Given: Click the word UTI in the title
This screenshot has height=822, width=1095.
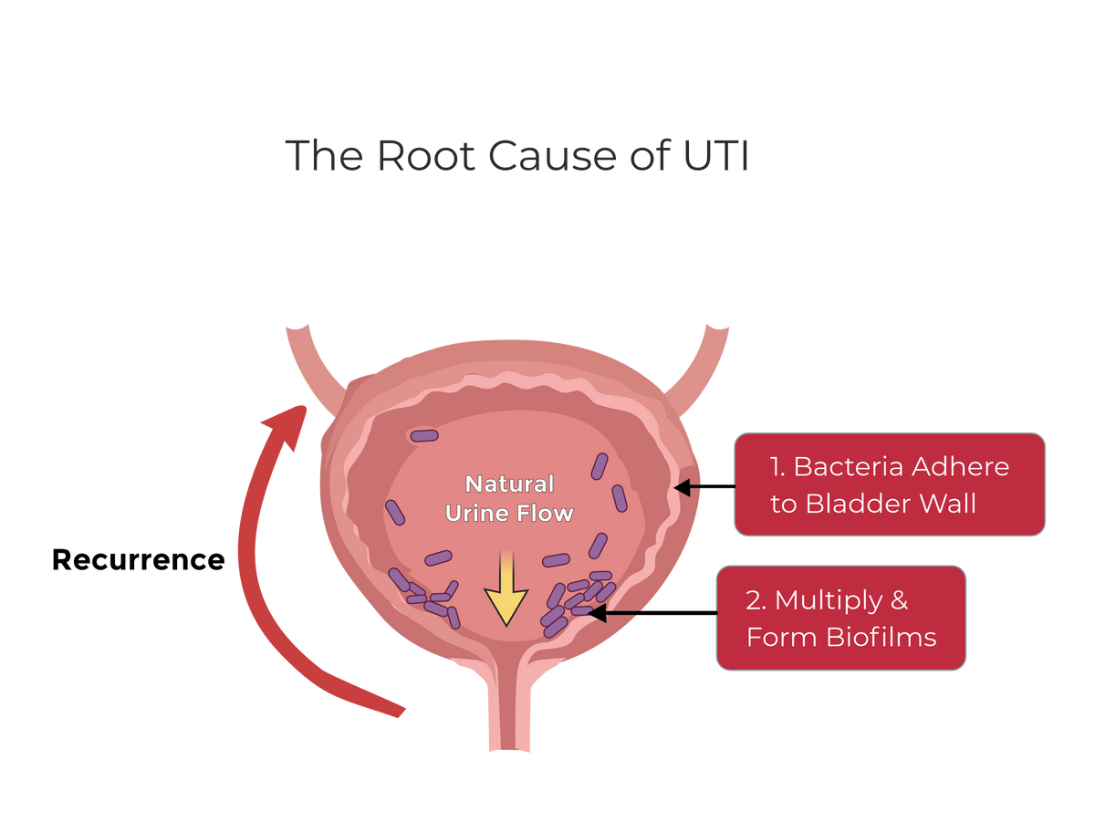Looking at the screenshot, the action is [x=715, y=156].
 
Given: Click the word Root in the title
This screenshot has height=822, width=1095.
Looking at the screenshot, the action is [x=425, y=156].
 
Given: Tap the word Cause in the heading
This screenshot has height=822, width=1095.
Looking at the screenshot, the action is [x=553, y=156].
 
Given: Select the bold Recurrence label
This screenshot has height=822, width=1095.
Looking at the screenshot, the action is [x=138, y=559].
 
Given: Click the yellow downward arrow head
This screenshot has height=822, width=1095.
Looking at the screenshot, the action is [x=506, y=607].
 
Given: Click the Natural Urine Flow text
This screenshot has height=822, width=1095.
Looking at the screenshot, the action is [x=509, y=498].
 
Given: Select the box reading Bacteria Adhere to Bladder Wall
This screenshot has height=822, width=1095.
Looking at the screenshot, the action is [x=890, y=484].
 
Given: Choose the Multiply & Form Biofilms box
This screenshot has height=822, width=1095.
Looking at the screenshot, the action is [x=841, y=618].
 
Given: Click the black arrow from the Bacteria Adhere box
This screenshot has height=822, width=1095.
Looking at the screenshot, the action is [x=704, y=486].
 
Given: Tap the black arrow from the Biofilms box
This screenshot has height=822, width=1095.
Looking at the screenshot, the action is [x=652, y=612].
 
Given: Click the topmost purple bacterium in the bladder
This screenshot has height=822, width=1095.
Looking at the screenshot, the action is [x=424, y=435].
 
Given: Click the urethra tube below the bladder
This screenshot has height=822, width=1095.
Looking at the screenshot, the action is [x=509, y=708].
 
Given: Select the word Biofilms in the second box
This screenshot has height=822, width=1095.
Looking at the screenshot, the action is [x=881, y=637].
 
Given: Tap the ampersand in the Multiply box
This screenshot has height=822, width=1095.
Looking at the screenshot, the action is [x=899, y=599].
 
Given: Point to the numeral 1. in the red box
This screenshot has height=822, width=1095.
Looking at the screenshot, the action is [x=777, y=467].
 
